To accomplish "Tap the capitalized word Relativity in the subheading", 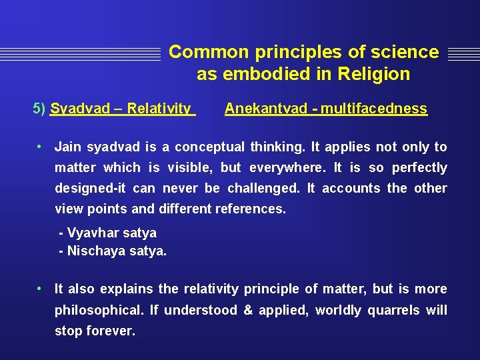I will tap(159, 108).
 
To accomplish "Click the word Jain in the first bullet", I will tap(68, 147).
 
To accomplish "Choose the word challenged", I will tap(262, 188).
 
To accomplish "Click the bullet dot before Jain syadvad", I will tap(41, 146).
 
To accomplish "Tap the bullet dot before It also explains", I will tap(41, 288).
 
